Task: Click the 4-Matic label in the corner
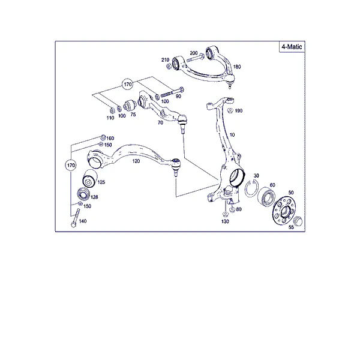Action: [x=292, y=47]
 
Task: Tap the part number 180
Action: [x=237, y=67]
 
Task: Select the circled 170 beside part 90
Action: [x=128, y=84]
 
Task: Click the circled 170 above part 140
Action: [x=71, y=166]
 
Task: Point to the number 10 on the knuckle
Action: [x=232, y=135]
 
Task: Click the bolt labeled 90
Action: [x=172, y=92]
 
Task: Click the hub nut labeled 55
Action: [x=298, y=221]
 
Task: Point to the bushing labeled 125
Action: [x=90, y=178]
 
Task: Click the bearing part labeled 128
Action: [x=83, y=194]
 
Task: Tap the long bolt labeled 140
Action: [x=76, y=218]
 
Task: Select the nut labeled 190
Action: [x=230, y=110]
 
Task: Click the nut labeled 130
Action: [x=225, y=214]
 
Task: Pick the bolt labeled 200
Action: [x=195, y=58]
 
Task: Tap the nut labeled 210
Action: [x=169, y=66]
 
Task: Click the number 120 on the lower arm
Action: [x=136, y=161]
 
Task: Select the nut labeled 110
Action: [x=112, y=110]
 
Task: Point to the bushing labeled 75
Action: [x=130, y=104]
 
